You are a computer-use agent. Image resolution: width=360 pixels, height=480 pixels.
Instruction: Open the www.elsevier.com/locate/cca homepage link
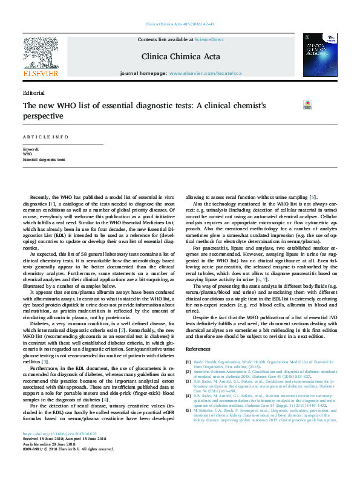[205, 73]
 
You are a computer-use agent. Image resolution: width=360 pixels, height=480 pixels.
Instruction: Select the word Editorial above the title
[33, 93]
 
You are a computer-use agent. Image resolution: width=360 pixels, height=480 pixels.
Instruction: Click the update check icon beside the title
[307, 105]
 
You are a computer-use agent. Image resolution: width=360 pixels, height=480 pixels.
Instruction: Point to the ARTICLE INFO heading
[45, 137]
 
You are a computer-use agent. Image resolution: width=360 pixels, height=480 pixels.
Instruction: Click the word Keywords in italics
[31, 149]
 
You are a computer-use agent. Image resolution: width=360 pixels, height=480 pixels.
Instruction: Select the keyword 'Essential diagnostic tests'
[44, 159]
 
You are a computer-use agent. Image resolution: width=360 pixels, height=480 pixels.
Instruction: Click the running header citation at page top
[180, 25]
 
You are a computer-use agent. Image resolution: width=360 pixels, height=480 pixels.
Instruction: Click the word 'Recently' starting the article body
[41, 198]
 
